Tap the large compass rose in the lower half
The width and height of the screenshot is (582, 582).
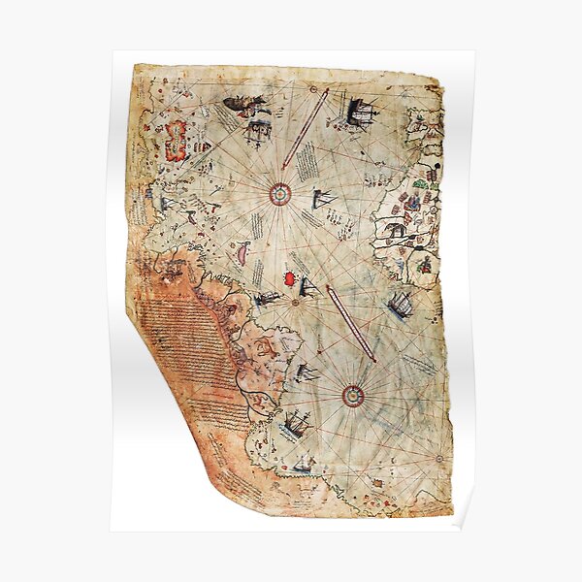(352, 394)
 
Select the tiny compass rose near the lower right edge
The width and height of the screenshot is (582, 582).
(434, 456)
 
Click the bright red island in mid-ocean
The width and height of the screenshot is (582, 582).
(288, 278)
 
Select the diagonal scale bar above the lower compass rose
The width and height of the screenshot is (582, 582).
(351, 323)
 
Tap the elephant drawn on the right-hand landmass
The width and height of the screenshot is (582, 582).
(396, 230)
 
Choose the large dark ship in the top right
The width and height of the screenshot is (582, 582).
(359, 113)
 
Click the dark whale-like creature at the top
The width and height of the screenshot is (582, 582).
(239, 104)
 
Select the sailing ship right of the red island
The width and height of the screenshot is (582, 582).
(309, 286)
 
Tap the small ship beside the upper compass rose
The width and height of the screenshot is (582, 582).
(325, 199)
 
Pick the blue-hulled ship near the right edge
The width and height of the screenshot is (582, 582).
(398, 306)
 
